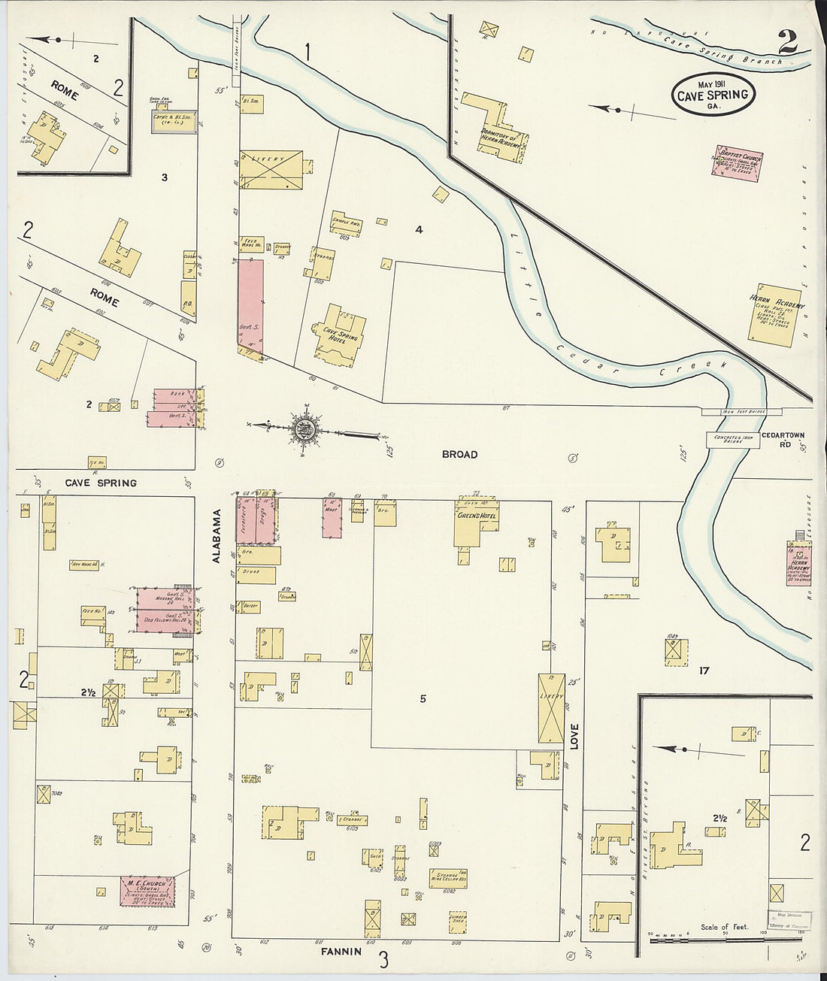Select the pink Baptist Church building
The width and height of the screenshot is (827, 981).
[x=738, y=164]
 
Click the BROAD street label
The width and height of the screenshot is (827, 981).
[x=459, y=455]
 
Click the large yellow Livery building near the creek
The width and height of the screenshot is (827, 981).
[x=271, y=169]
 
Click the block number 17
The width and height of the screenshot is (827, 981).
[x=704, y=671]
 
